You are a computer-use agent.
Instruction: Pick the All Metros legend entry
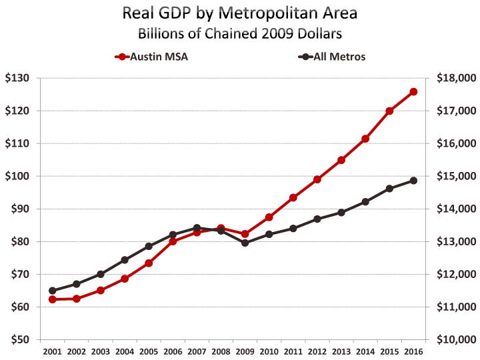333,57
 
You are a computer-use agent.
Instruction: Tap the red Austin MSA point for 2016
413,92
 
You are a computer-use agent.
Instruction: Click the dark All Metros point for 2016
413,181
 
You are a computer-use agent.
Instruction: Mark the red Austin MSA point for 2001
53,299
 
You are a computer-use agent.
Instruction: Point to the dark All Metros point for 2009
245,243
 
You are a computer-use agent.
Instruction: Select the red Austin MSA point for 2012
317,179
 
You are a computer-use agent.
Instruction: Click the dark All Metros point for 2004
125,260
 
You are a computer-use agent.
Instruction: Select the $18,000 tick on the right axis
456,78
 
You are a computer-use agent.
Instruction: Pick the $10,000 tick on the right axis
456,339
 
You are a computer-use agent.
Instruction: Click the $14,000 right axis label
456,209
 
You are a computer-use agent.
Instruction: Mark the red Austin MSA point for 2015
389,111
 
